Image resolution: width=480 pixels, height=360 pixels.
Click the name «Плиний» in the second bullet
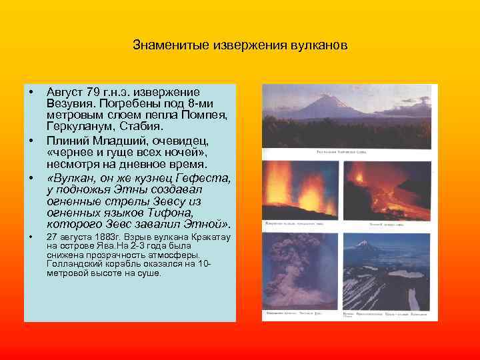coord(67,141)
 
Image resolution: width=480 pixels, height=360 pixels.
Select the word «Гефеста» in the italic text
coord(201,178)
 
